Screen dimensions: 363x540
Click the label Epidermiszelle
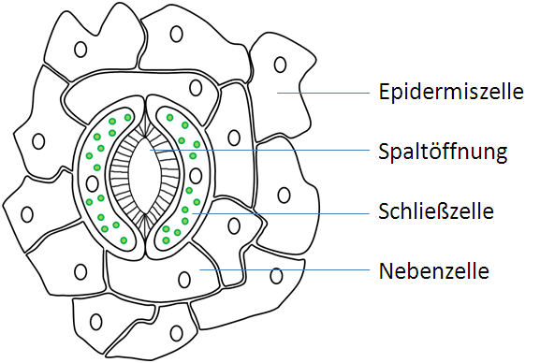pyautogui.click(x=451, y=93)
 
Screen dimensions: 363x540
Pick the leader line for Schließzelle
pyautogui.click(x=290, y=214)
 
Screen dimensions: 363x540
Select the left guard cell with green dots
pyautogui.click(x=94, y=187)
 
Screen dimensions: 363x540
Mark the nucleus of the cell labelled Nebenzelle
pyautogui.click(x=183, y=276)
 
